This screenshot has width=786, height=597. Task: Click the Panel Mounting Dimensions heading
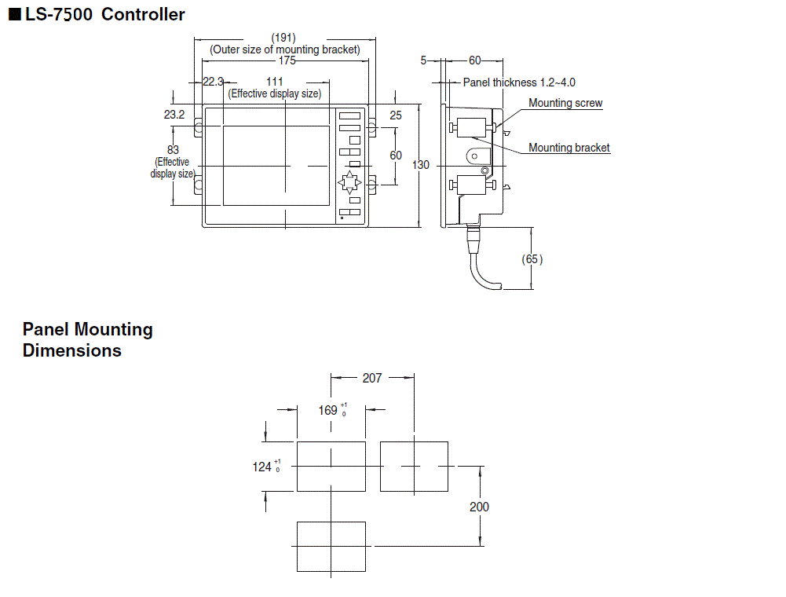pyautogui.click(x=87, y=340)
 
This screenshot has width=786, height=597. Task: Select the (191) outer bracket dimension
pyautogui.click(x=283, y=38)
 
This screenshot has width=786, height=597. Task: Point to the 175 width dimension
pyautogui.click(x=287, y=60)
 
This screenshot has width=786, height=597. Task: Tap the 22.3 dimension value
pyautogui.click(x=213, y=82)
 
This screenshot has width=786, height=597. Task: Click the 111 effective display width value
pyautogui.click(x=274, y=82)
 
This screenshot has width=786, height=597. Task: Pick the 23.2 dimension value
pyautogui.click(x=174, y=115)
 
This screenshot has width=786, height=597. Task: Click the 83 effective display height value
pyautogui.click(x=174, y=149)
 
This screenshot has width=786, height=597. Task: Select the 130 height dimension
pyautogui.click(x=421, y=165)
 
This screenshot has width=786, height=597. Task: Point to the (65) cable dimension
pyautogui.click(x=532, y=259)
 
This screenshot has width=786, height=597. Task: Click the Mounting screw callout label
pyautogui.click(x=565, y=103)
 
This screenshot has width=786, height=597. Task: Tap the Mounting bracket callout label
pyautogui.click(x=568, y=148)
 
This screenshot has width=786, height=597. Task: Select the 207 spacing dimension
pyautogui.click(x=371, y=378)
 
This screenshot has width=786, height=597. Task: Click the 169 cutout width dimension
pyautogui.click(x=328, y=410)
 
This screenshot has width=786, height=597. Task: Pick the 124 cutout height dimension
pyautogui.click(x=262, y=467)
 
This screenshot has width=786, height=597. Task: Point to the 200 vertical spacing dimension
pyautogui.click(x=479, y=507)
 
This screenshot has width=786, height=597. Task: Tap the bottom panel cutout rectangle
pyautogui.click(x=331, y=546)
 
